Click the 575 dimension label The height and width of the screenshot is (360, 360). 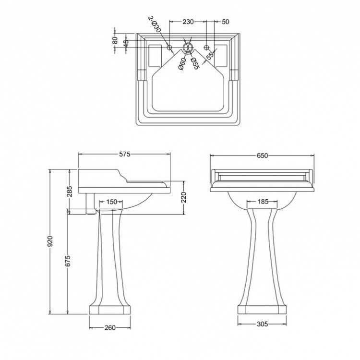coord(125,155)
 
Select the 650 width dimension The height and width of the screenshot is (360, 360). coord(262,156)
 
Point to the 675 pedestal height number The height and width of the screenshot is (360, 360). coord(68,261)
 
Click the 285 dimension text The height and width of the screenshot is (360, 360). coord(70,192)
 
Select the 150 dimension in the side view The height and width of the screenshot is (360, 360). coord(111,202)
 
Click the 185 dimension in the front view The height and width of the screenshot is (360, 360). coord(263,202)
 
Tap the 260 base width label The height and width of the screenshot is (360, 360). coord(110,328)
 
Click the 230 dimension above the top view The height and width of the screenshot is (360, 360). coord(188,22)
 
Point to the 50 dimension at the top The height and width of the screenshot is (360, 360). coord(225,22)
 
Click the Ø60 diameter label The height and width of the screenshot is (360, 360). coord(183,63)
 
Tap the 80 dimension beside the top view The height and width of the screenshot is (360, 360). coord(115,40)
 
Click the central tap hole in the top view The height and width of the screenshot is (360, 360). coord(188,48)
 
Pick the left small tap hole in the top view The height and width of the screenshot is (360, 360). coord(169,48)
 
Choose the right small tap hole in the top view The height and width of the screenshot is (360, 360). coord(206,48)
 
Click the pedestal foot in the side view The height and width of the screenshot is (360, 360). coord(110,309)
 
